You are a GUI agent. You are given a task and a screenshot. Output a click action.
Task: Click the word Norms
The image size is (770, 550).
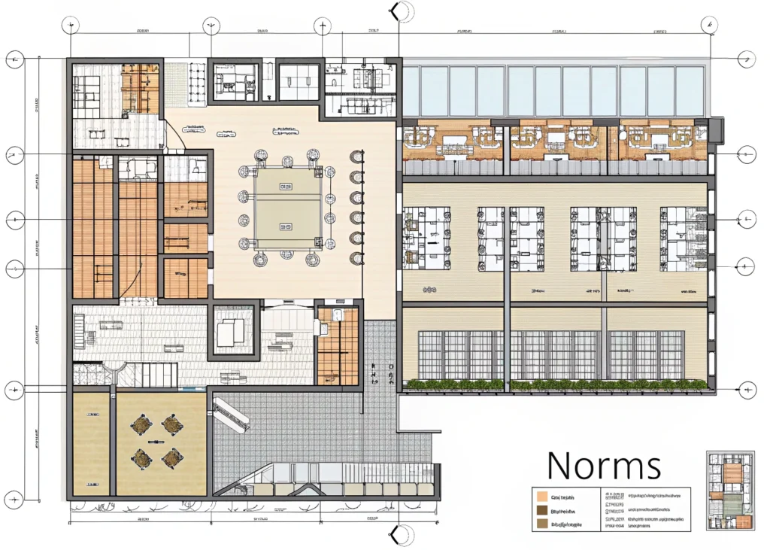tap(604, 465)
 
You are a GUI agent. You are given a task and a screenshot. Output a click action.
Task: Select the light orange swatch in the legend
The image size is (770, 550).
tap(541, 497)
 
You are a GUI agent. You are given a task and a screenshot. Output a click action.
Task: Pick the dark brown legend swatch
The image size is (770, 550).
tap(541, 510)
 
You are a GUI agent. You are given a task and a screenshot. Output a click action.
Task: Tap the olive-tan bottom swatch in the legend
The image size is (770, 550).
tap(541, 524)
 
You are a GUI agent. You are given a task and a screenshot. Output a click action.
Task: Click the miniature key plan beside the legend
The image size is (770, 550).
tap(729, 490)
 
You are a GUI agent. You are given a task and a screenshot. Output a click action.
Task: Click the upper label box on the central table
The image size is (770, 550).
tap(286, 186)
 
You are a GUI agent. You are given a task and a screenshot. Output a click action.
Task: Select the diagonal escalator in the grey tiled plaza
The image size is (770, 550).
tap(231, 413)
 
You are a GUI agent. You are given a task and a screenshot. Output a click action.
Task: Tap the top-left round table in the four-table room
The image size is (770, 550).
tap(141, 425)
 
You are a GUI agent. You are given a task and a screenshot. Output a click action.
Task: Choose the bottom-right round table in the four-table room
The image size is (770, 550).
tap(173, 457)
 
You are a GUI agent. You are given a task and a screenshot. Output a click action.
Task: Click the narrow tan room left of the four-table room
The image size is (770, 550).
tap(91, 443)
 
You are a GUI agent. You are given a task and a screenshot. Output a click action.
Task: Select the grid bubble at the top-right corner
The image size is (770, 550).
tap(708, 26)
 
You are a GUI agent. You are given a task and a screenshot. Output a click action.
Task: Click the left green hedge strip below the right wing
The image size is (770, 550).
tap(454, 385)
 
